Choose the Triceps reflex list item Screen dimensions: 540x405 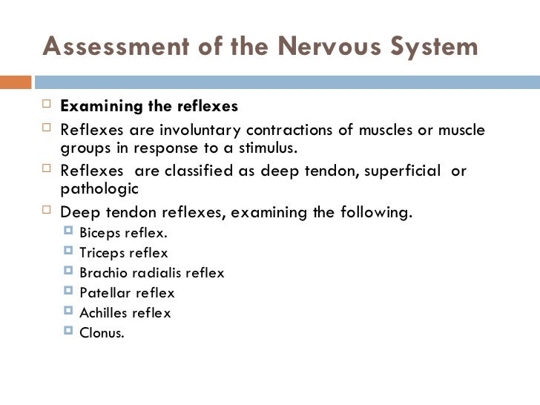[x=123, y=253]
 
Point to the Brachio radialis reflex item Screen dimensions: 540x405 [x=151, y=273]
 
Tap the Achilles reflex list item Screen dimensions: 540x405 [x=125, y=313]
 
